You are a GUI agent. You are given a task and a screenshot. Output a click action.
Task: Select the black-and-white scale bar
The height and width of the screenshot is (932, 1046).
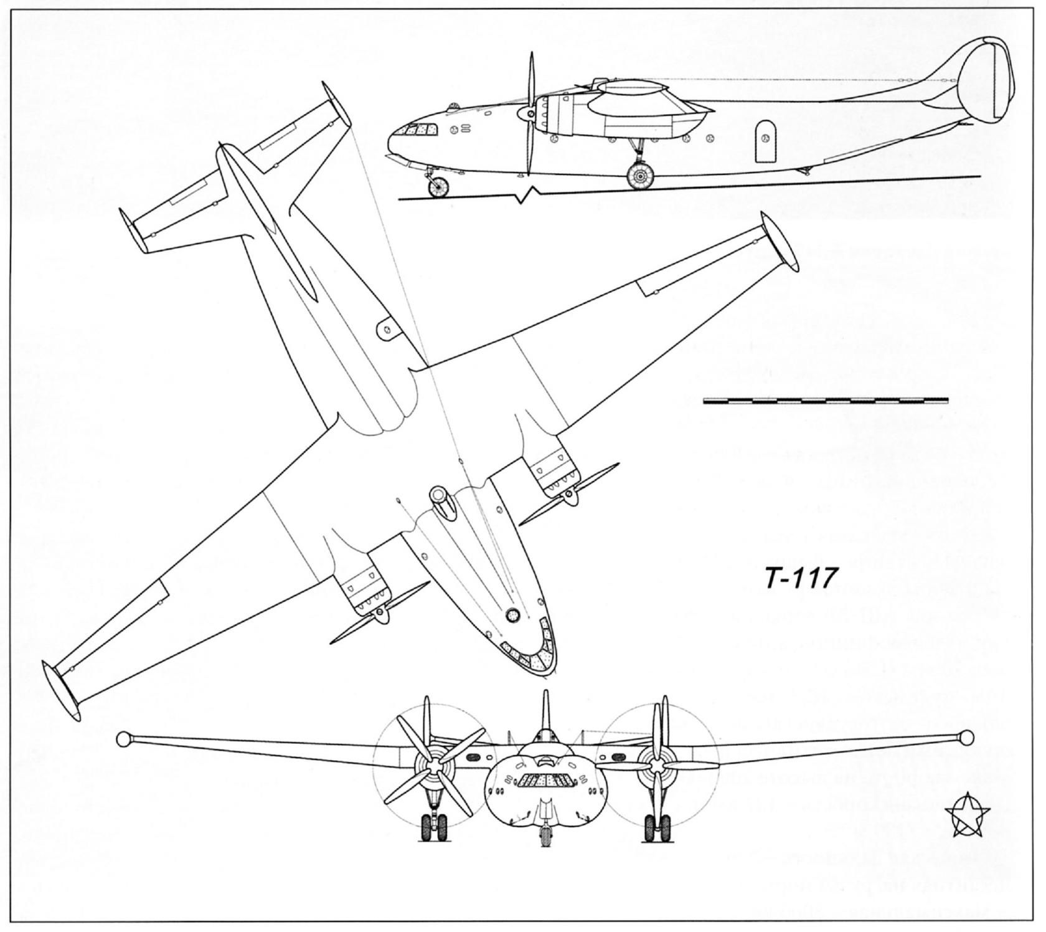(x=825, y=400)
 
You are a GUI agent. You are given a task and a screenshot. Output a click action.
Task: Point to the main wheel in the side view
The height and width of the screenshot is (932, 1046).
(x=639, y=176)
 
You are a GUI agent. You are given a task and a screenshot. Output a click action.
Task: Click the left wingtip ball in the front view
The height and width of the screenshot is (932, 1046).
(x=123, y=739)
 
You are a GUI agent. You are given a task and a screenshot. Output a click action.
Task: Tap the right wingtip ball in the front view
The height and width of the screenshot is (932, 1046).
(x=966, y=738)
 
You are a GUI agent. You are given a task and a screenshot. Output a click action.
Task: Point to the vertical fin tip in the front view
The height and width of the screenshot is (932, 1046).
(x=545, y=695)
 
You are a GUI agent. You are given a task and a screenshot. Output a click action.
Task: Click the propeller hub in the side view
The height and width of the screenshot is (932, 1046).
(x=529, y=115)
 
